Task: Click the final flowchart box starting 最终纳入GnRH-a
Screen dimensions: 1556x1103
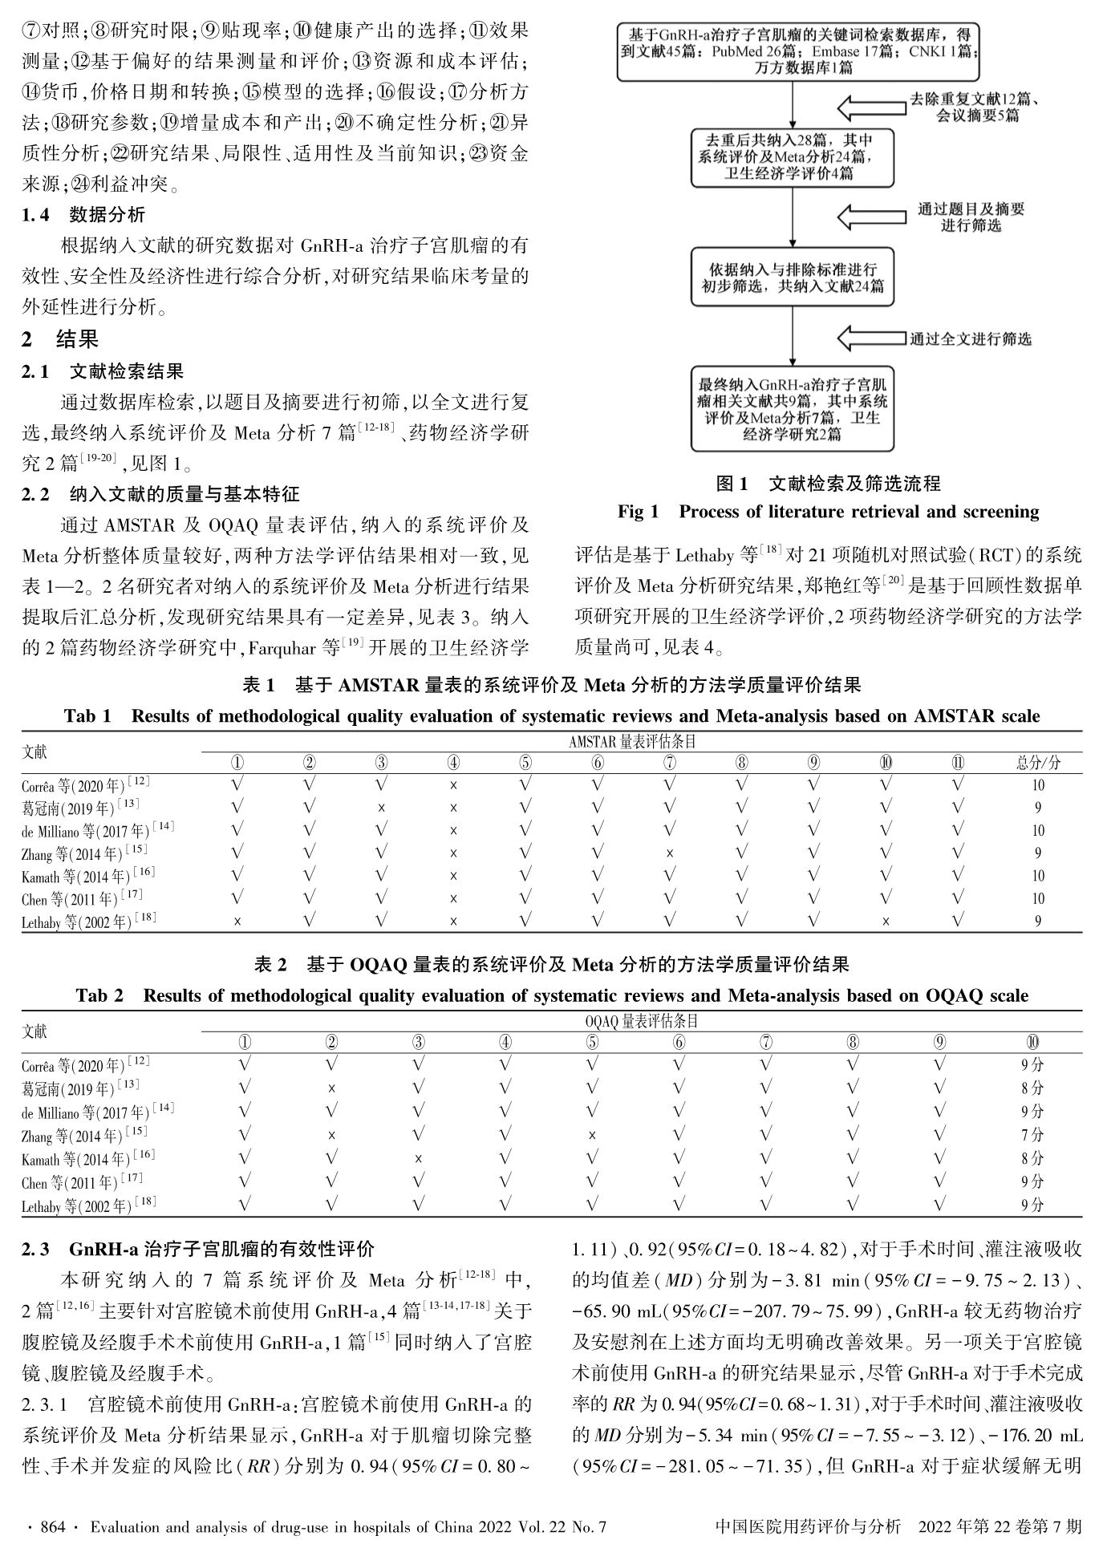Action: (x=793, y=408)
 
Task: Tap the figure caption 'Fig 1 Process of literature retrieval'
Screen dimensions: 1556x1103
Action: (x=828, y=512)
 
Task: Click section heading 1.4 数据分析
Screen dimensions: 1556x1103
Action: (x=83, y=215)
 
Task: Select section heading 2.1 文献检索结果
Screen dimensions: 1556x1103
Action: (x=103, y=371)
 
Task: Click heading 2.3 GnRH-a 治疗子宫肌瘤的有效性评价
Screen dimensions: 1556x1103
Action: (x=198, y=1249)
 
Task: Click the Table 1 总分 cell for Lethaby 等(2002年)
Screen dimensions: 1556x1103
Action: (x=1037, y=922)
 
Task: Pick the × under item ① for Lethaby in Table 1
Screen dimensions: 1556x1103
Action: (x=237, y=922)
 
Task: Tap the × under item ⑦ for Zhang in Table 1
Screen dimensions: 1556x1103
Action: (x=670, y=853)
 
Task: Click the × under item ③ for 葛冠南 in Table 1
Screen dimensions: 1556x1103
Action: (x=382, y=808)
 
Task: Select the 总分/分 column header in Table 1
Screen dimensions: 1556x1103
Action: (x=1037, y=763)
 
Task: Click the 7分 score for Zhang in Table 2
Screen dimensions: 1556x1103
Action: (x=1032, y=1135)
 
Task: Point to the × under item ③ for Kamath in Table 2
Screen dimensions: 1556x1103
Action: (x=419, y=1158)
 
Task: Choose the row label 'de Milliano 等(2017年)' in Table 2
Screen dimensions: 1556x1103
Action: (x=98, y=1112)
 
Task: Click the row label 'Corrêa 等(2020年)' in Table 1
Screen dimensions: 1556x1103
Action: (x=85, y=785)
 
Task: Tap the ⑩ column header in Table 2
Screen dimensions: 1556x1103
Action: (x=1032, y=1042)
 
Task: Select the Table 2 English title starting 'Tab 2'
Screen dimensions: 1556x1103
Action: (x=552, y=995)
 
